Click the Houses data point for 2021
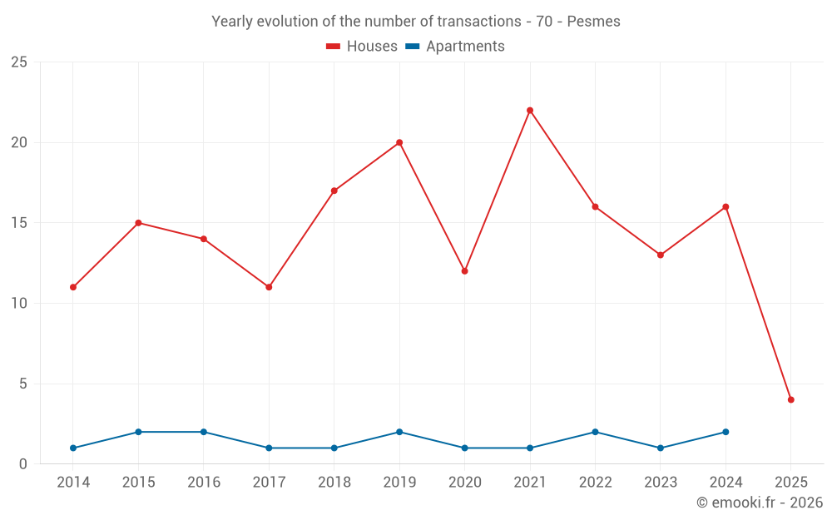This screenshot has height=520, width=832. pyautogui.click(x=530, y=111)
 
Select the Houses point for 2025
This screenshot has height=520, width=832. pyautogui.click(x=790, y=400)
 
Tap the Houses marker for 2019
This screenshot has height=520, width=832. pyautogui.click(x=399, y=142)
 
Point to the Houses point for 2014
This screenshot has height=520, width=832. pyautogui.click(x=73, y=287)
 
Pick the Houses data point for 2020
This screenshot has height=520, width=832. pyautogui.click(x=464, y=271)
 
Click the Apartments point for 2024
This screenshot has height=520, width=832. pyautogui.click(x=726, y=432)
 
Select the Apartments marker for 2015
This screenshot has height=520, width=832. pyautogui.click(x=138, y=432)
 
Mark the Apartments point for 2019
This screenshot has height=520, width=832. pyautogui.click(x=399, y=432)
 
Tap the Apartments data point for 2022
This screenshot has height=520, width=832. pyautogui.click(x=595, y=432)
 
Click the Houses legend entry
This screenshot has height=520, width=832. pyautogui.click(x=362, y=47)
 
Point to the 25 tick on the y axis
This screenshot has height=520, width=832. pyautogui.click(x=19, y=62)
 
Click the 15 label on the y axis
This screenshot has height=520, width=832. pyautogui.click(x=19, y=223)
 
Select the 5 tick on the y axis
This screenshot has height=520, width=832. pyautogui.click(x=23, y=384)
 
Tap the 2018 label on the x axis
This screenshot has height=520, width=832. pyautogui.click(x=334, y=483)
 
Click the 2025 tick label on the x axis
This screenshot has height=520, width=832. pyautogui.click(x=790, y=483)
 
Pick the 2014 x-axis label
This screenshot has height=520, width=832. pyautogui.click(x=73, y=483)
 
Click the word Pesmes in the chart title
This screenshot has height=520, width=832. pyautogui.click(x=593, y=22)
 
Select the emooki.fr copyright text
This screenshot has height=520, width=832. pyautogui.click(x=760, y=503)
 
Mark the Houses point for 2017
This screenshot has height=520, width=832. pyautogui.click(x=269, y=287)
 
